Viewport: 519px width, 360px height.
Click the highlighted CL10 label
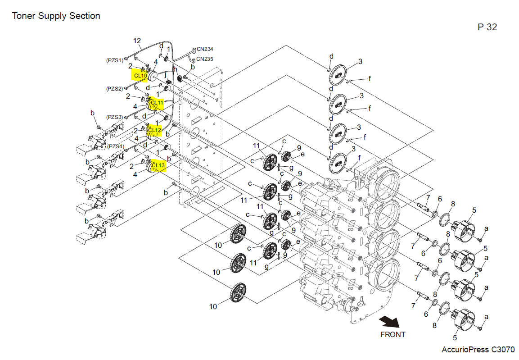pyautogui.click(x=140, y=75)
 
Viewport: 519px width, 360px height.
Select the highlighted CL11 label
pyautogui.click(x=156, y=103)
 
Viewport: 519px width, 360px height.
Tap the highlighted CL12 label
pyautogui.click(x=154, y=130)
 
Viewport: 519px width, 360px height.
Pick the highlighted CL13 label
pyautogui.click(x=158, y=166)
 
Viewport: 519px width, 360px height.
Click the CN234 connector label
pyautogui.click(x=205, y=49)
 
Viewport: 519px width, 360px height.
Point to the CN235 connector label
pyautogui.click(x=205, y=59)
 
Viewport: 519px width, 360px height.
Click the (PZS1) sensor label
pyautogui.click(x=114, y=60)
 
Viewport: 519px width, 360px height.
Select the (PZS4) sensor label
pyautogui.click(x=115, y=146)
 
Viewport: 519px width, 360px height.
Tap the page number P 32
pyautogui.click(x=487, y=27)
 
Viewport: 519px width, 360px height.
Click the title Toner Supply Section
pyautogui.click(x=56, y=16)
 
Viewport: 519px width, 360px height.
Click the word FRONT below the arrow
pyautogui.click(x=393, y=334)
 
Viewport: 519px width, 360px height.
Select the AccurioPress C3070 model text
pyautogui.click(x=478, y=350)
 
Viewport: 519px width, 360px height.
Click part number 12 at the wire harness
pyautogui.click(x=137, y=41)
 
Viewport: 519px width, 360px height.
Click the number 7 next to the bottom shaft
pyautogui.click(x=414, y=306)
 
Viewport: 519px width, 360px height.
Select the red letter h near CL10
pyautogui.click(x=176, y=69)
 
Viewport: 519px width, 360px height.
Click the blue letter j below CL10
pyautogui.click(x=165, y=76)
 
